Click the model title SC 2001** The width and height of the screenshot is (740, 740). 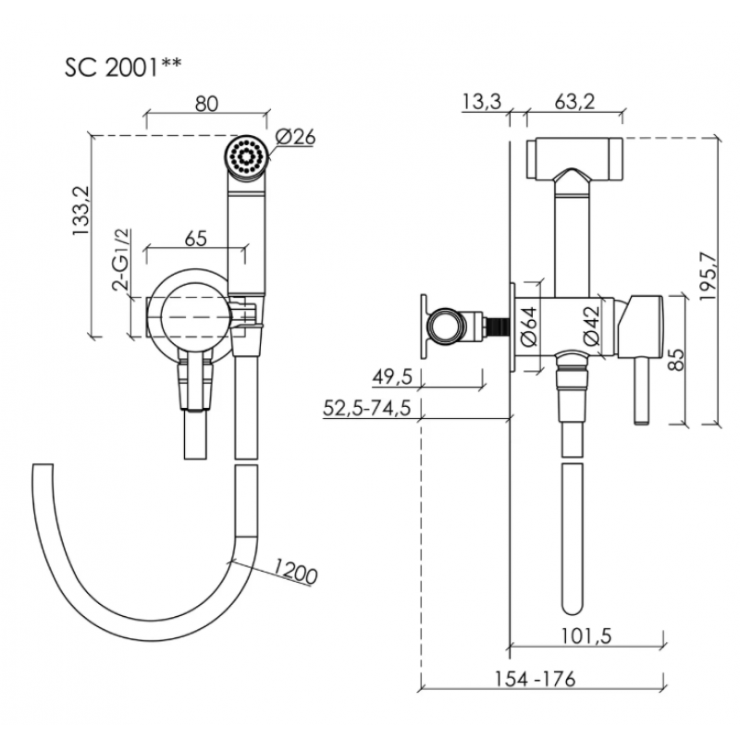123,68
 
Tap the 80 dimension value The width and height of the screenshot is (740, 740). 206,104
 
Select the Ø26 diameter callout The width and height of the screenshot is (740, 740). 295,137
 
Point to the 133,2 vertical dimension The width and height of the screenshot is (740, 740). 80,210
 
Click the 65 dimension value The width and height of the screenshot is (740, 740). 196,239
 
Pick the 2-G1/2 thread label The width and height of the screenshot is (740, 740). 121,259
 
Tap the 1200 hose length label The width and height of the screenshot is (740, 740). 296,571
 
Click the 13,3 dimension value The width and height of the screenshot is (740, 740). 481,102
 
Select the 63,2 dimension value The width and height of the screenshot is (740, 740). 574,102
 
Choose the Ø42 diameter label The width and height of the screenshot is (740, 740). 591,326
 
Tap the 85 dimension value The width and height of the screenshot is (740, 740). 676,359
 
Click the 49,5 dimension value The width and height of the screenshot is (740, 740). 392,376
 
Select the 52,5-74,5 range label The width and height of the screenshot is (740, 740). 366,408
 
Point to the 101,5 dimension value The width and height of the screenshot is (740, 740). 586,635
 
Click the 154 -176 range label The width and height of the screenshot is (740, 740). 535,679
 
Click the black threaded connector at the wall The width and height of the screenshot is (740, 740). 498,326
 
